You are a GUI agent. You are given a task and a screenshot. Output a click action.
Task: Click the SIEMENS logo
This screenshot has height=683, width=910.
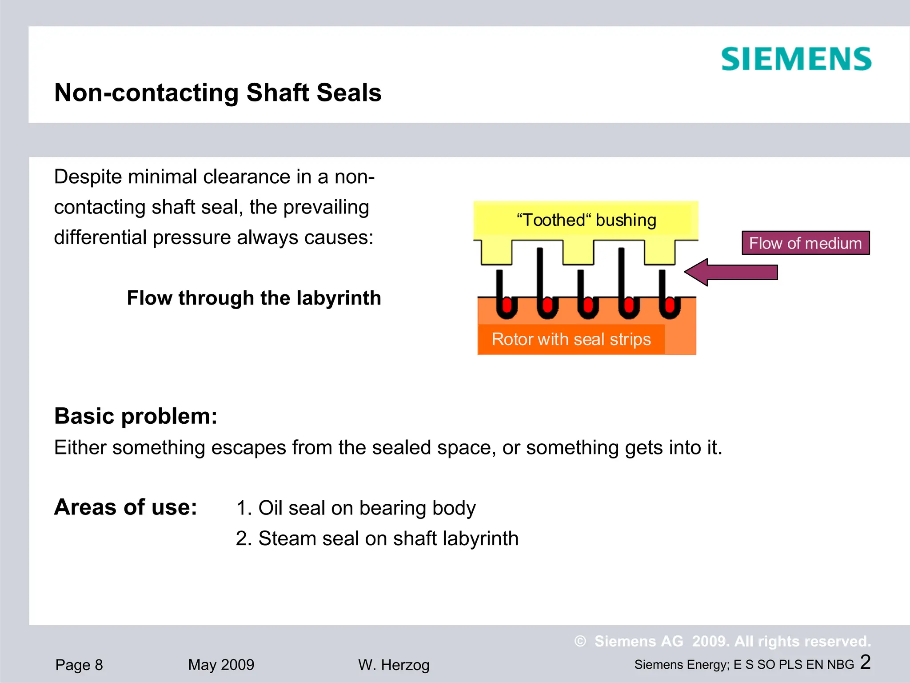click(x=796, y=59)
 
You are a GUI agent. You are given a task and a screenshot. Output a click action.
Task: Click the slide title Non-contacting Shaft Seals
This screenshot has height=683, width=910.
click(x=218, y=92)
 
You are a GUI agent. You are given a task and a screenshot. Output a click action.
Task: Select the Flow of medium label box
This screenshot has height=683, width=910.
click(x=805, y=243)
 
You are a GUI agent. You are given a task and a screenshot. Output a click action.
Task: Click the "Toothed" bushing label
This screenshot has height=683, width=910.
click(x=586, y=220)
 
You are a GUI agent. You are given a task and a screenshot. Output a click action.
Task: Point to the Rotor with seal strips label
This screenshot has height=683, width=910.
click(x=571, y=339)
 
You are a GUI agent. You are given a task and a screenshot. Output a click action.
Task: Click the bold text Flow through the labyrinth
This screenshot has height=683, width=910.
click(x=254, y=298)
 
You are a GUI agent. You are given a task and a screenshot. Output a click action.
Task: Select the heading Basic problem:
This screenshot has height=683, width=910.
click(x=136, y=416)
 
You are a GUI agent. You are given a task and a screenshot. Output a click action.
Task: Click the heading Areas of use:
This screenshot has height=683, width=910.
click(x=125, y=507)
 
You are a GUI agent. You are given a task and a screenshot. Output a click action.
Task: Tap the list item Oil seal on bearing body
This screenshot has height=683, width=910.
click(x=355, y=508)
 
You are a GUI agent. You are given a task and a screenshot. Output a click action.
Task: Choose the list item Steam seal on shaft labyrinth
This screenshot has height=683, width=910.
click(x=377, y=538)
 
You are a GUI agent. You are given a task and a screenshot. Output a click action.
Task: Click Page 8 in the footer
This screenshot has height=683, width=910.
click(x=79, y=665)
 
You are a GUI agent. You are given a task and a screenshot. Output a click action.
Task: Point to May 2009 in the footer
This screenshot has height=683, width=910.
click(x=221, y=665)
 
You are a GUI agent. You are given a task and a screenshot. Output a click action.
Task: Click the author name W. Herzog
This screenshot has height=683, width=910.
click(x=394, y=665)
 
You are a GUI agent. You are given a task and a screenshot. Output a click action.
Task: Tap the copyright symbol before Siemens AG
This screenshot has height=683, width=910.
click(x=580, y=641)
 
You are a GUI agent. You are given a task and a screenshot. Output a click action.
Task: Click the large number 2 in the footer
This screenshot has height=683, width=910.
click(x=865, y=662)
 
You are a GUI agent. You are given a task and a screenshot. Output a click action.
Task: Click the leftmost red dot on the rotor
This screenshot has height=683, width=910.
click(x=507, y=306)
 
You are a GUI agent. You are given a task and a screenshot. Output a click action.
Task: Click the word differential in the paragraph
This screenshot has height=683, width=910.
click(x=100, y=237)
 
